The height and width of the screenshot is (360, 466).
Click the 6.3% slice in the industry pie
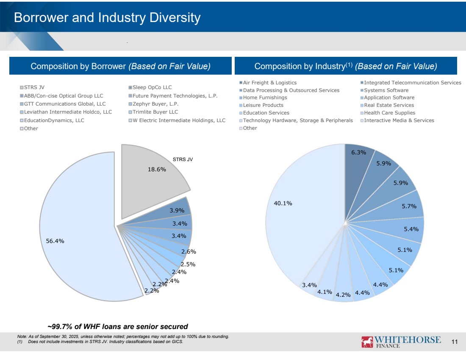tap(358, 161)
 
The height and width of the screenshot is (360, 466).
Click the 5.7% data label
tap(409, 207)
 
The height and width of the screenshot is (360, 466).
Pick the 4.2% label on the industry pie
tap(343, 294)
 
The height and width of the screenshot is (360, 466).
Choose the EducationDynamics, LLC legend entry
tap(54, 120)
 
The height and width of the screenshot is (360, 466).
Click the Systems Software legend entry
tap(386, 90)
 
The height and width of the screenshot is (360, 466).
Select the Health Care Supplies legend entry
tap(389, 113)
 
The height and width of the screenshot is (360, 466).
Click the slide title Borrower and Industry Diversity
tap(107, 18)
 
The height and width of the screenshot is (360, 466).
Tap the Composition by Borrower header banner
tap(120, 66)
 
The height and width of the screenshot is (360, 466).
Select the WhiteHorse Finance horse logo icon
tap(367, 342)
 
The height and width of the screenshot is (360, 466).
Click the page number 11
tap(455, 342)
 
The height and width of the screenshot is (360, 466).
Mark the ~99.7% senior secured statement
tap(117, 327)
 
